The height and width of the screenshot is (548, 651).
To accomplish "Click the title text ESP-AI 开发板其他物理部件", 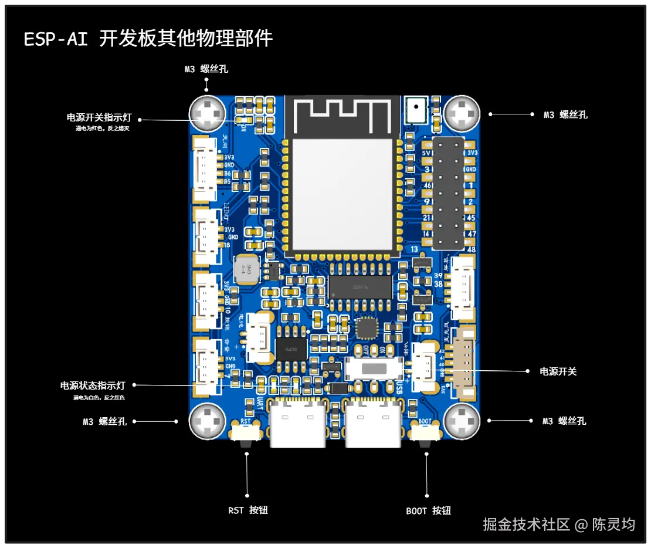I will click(148, 39).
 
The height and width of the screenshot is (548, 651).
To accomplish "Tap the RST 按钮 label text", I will click(247, 510).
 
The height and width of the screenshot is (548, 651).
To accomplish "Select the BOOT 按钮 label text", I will click(428, 510).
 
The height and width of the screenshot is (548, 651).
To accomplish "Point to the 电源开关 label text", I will click(558, 371).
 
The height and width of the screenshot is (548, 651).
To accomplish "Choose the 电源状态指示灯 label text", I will click(93, 385).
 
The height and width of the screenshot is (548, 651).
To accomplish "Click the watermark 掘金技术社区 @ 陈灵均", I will click(558, 524).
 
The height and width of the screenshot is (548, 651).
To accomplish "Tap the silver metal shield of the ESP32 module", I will click(342, 194).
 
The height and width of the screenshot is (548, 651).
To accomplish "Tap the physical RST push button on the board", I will click(246, 435).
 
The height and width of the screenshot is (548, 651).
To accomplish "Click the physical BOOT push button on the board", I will click(425, 435).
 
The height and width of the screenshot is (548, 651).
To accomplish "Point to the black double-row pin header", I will click(448, 193).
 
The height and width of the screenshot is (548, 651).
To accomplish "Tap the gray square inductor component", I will click(246, 269).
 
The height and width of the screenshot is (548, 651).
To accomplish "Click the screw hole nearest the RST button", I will click(207, 421).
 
